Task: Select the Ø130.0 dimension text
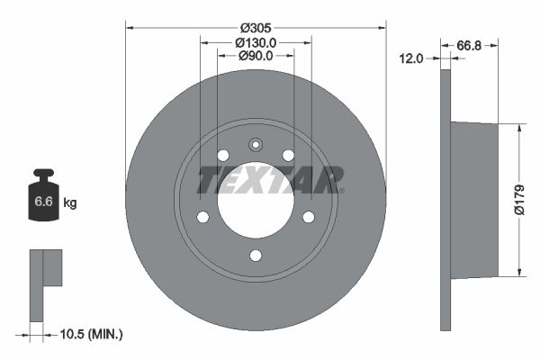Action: coord(256,42)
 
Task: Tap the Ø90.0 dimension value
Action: coord(256,56)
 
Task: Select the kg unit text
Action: coord(70,203)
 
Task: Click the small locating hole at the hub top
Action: coord(256,144)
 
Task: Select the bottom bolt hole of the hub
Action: coord(256,256)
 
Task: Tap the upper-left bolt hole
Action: coord(222,155)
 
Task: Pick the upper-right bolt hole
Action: coord(288,155)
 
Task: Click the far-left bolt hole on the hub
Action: coord(202,217)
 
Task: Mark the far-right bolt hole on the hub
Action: coord(309,217)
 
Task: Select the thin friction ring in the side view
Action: coord(445,200)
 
